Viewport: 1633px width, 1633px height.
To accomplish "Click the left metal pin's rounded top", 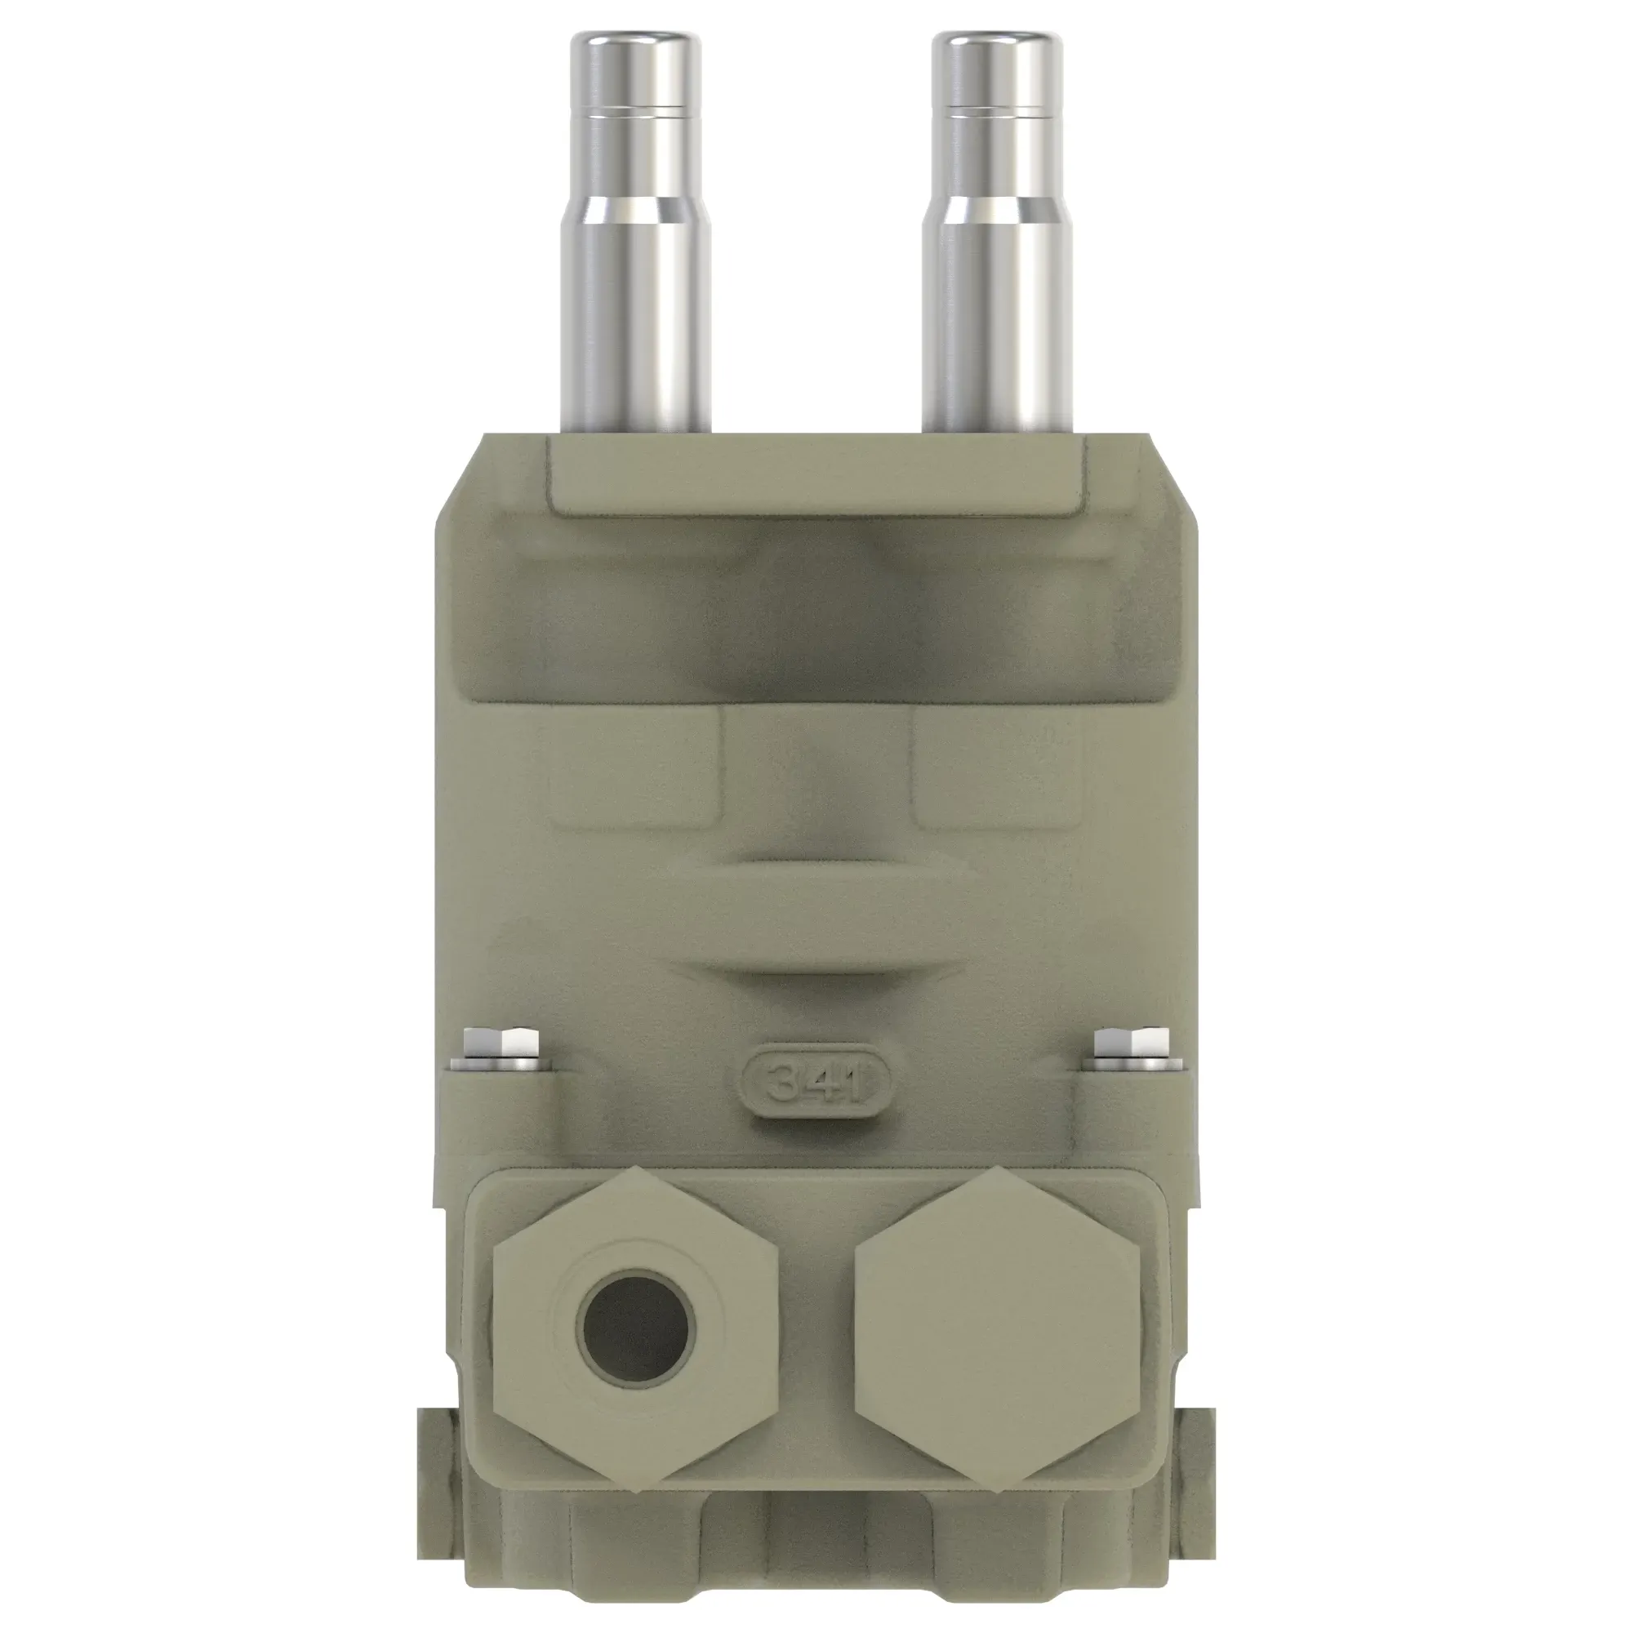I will [634, 42].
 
